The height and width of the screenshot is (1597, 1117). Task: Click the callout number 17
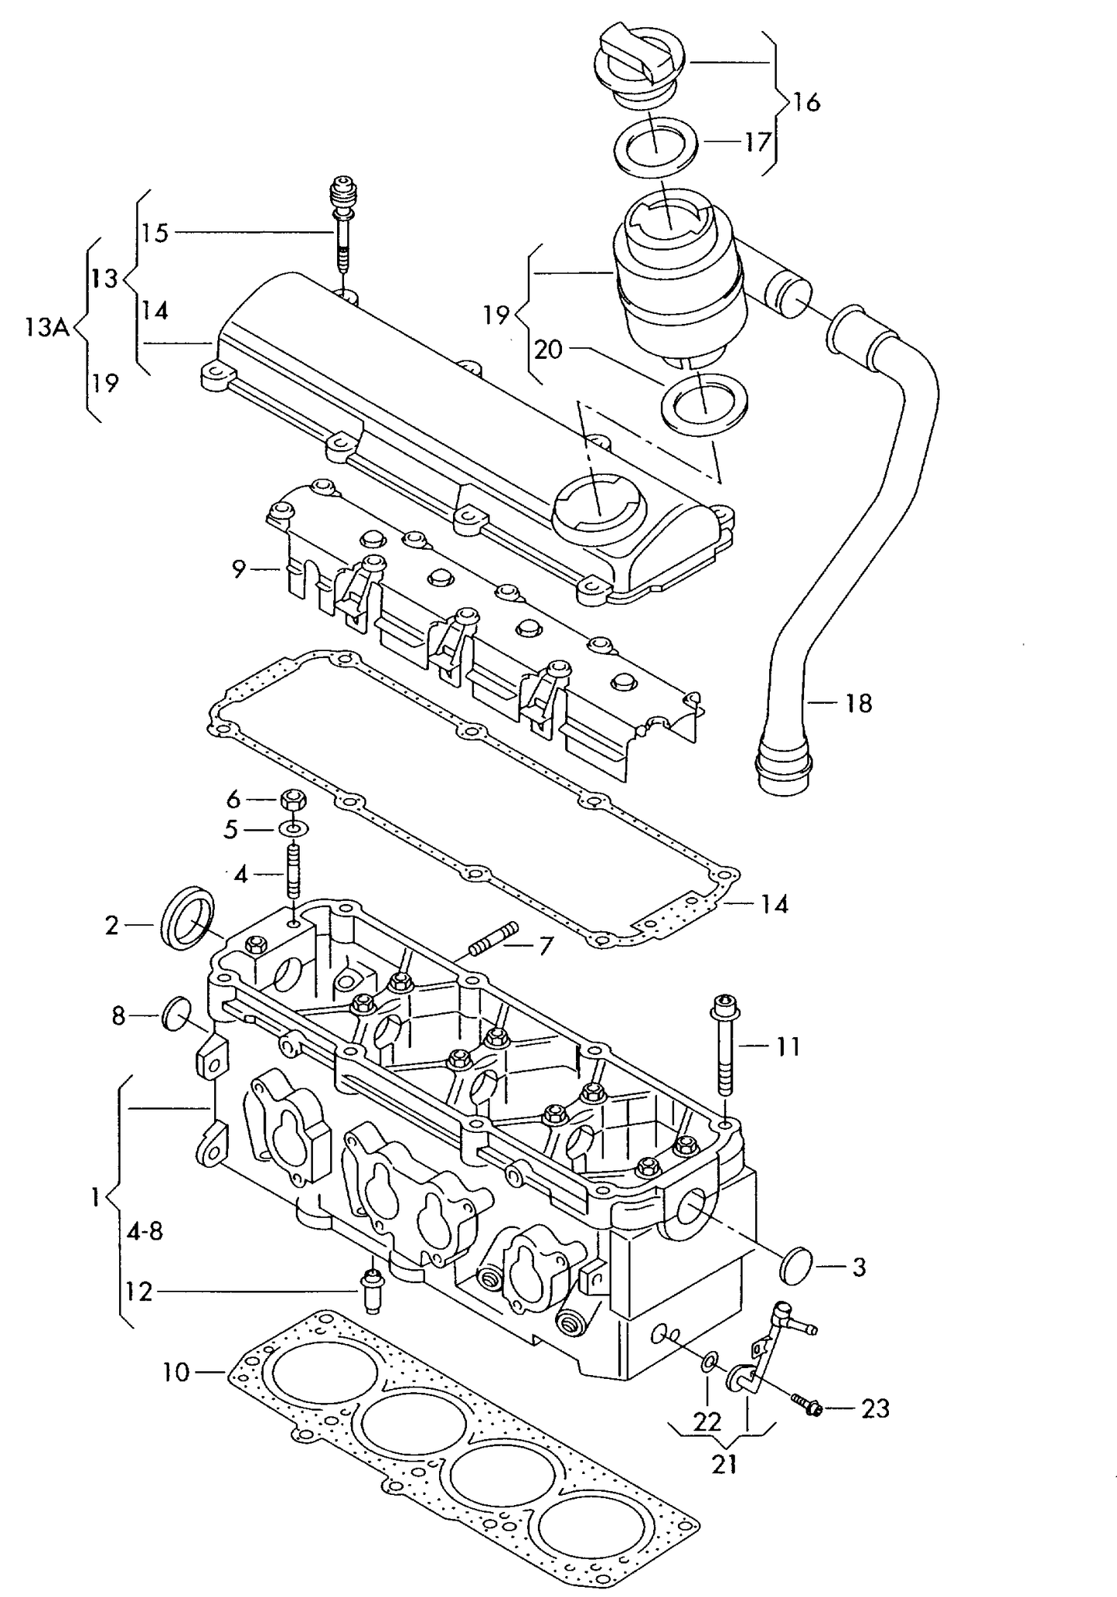click(x=758, y=142)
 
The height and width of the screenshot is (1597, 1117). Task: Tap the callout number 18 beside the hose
click(x=858, y=703)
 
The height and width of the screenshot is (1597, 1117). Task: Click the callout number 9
click(x=239, y=569)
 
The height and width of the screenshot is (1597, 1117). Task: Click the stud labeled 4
click(x=293, y=873)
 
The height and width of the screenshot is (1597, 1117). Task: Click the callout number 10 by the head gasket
click(x=175, y=1373)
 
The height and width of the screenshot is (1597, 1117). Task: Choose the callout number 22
click(x=707, y=1421)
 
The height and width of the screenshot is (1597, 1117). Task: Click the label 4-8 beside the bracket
click(x=145, y=1231)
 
